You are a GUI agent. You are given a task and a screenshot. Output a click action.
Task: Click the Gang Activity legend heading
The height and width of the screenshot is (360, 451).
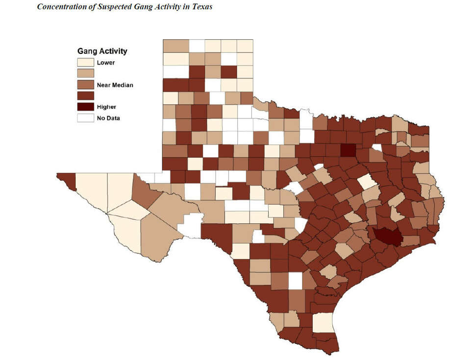102,51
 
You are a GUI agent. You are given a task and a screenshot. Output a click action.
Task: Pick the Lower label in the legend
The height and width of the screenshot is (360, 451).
106,63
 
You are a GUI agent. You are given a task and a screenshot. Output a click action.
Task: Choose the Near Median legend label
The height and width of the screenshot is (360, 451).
115,85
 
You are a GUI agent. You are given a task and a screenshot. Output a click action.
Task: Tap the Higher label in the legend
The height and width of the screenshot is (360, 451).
106,107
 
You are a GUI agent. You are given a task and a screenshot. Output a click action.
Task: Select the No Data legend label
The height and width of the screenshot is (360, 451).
108,118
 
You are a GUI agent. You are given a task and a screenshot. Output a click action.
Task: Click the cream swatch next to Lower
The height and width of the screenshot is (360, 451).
85,63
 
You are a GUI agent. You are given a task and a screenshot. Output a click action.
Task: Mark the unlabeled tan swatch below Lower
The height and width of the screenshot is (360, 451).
85,73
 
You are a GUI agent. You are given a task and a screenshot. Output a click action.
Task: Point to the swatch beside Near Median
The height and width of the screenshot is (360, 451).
85,85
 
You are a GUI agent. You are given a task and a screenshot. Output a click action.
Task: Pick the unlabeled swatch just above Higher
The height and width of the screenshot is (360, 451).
85,96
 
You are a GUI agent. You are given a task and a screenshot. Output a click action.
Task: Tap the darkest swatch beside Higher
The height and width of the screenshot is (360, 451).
85,107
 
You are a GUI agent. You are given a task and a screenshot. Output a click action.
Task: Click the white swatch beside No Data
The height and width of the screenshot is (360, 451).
85,118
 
